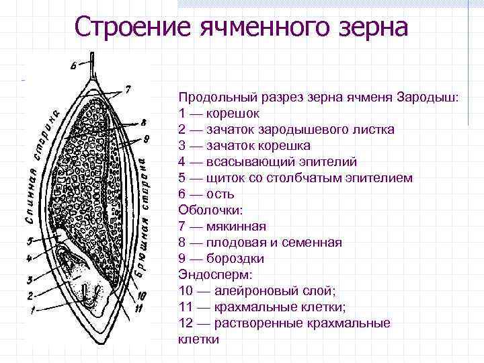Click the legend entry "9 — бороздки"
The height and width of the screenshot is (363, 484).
[221, 259]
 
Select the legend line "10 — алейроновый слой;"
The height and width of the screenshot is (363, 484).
[257, 291]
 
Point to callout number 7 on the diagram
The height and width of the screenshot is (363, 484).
[128, 89]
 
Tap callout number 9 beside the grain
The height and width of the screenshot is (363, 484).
[145, 140]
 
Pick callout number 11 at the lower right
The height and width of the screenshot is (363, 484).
[139, 309]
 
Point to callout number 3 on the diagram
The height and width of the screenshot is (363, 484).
[30, 279]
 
